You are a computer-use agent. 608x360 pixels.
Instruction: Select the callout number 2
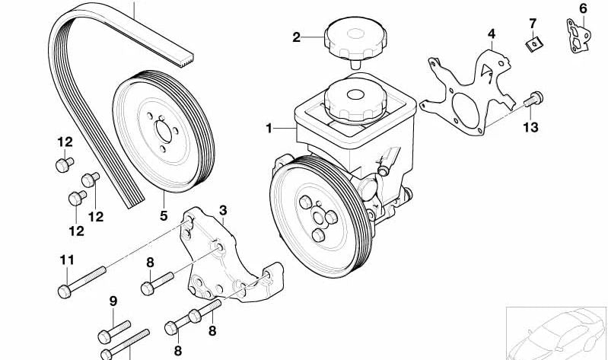296,36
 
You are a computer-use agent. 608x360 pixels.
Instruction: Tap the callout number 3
223,210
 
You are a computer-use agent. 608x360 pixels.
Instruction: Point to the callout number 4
492,33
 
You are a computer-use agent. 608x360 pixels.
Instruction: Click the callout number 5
164,215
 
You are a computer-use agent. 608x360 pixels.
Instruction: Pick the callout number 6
583,8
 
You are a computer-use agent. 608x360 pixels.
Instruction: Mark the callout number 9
113,301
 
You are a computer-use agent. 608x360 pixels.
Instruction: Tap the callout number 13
530,127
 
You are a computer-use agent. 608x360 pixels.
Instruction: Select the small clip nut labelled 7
533,45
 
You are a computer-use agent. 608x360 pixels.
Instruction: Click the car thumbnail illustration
559,332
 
